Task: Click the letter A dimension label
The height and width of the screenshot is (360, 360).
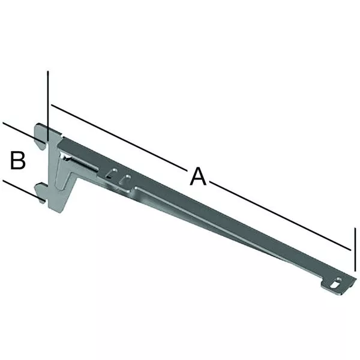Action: click(198, 176)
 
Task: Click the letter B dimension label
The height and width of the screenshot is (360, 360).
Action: click(17, 160)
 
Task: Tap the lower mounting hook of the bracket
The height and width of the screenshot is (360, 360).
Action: click(41, 193)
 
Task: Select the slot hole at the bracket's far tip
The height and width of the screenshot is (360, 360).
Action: click(336, 283)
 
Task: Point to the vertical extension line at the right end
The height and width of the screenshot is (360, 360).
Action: click(355, 250)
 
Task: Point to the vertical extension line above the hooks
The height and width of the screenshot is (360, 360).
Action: click(48, 106)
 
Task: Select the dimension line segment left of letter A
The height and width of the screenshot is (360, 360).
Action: click(119, 138)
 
